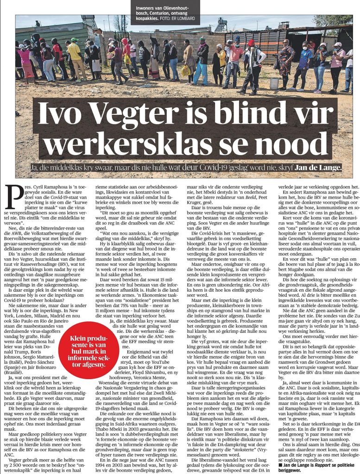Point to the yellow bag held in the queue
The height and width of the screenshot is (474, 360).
[186, 70]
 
